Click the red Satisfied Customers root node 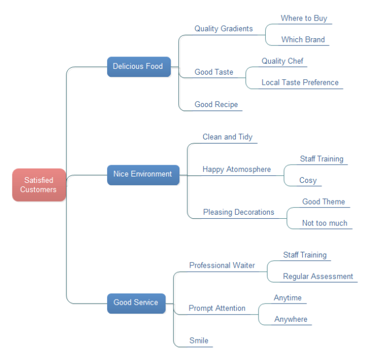[39, 185]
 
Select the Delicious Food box [138, 67]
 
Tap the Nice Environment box [142, 174]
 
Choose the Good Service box [135, 302]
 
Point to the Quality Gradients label [223, 28]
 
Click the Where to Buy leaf [303, 18]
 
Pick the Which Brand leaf [303, 40]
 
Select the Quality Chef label [282, 61]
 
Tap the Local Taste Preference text [299, 83]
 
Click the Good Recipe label [216, 104]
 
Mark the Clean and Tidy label [227, 137]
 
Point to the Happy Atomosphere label [236, 169]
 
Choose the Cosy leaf [308, 180]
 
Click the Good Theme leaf [323, 202]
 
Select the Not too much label [324, 223]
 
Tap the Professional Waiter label [222, 265]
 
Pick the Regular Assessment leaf [318, 276]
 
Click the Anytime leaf [287, 298]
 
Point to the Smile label [199, 341]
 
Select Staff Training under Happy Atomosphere [322, 159]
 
